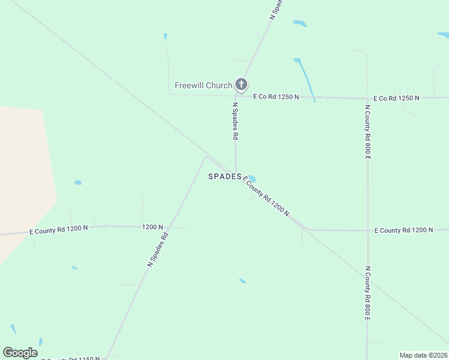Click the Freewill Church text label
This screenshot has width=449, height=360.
(x=203, y=85)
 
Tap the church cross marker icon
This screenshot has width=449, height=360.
(x=241, y=85)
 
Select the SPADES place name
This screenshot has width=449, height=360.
(x=224, y=176)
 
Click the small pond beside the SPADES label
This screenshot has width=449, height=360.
(x=251, y=179)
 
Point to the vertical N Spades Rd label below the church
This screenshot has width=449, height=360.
(x=235, y=121)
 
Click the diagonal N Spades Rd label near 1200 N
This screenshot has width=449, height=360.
(x=157, y=249)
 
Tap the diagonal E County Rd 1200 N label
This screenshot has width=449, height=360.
(x=266, y=196)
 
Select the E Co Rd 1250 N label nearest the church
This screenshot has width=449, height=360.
(x=276, y=96)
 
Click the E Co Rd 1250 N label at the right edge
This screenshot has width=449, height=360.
(x=396, y=98)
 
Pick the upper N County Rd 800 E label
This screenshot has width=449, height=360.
(x=367, y=132)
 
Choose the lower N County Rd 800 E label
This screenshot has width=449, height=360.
(x=367, y=293)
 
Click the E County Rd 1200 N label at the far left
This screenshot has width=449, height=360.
(x=59, y=229)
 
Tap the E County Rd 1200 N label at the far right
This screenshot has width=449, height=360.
(x=403, y=230)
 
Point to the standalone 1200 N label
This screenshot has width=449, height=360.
(x=152, y=227)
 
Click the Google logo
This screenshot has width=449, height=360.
(x=20, y=353)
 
